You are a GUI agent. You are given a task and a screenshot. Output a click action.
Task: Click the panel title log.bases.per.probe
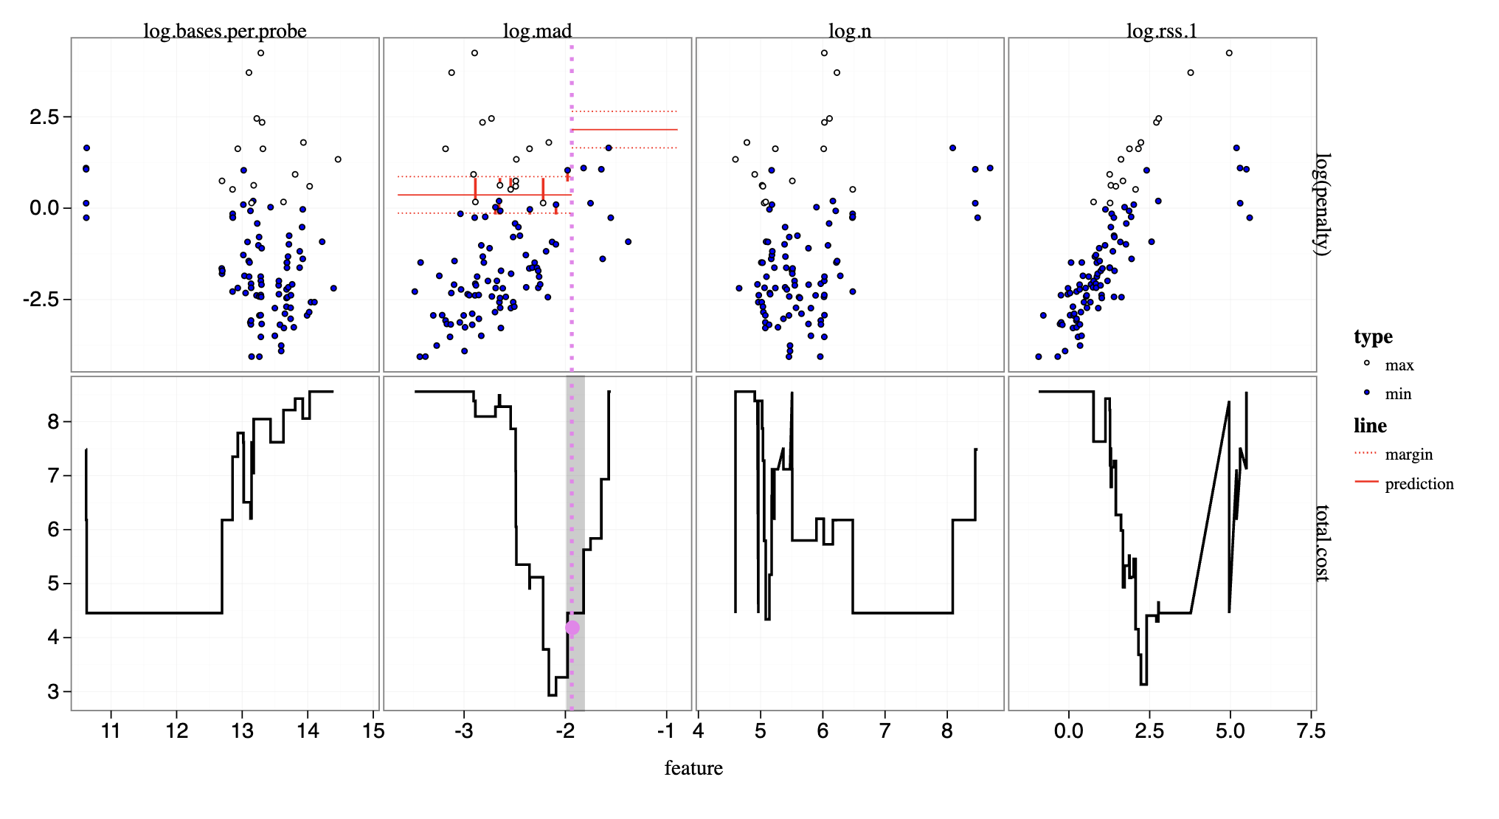224,31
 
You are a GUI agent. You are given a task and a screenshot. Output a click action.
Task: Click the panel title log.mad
537,31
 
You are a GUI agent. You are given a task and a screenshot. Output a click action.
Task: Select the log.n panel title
849,31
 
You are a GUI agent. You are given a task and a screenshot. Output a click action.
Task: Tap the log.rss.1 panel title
1161,31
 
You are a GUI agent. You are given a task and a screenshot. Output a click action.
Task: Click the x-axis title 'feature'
693,768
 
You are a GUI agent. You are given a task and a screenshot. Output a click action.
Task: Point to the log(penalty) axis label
1324,204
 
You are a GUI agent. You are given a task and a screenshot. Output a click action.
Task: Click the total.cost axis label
1324,543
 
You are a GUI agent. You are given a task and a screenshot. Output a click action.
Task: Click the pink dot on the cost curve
572,628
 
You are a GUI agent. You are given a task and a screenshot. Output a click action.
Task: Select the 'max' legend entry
1399,365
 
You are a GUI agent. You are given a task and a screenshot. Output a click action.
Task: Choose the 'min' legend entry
1397,394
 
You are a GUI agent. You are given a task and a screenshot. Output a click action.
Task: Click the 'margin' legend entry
1408,455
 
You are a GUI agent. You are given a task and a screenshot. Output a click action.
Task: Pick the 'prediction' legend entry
1419,484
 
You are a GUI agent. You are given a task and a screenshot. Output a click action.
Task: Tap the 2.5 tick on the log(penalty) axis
44,117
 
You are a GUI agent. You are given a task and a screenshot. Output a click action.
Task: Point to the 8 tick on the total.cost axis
53,421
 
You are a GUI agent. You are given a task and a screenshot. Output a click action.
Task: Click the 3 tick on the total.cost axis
53,692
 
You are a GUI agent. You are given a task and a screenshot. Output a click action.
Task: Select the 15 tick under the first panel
373,730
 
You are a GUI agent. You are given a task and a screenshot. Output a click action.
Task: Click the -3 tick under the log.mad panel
463,730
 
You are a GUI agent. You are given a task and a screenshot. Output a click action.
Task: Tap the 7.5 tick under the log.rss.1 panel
1310,730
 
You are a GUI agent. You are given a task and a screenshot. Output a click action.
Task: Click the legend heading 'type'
1373,336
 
